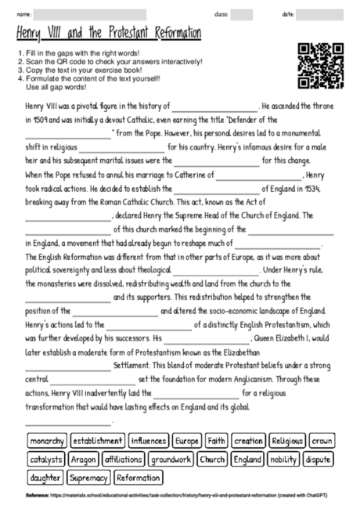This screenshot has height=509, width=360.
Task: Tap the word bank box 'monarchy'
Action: tap(46, 441)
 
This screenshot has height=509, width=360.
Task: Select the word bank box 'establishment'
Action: tap(97, 441)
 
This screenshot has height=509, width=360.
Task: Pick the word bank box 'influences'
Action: tap(149, 441)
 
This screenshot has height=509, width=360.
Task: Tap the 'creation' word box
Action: tap(249, 441)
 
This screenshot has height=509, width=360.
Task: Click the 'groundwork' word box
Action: tap(171, 459)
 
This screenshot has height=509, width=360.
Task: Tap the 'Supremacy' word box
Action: tap(89, 477)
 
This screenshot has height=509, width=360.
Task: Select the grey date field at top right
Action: tap(319, 14)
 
